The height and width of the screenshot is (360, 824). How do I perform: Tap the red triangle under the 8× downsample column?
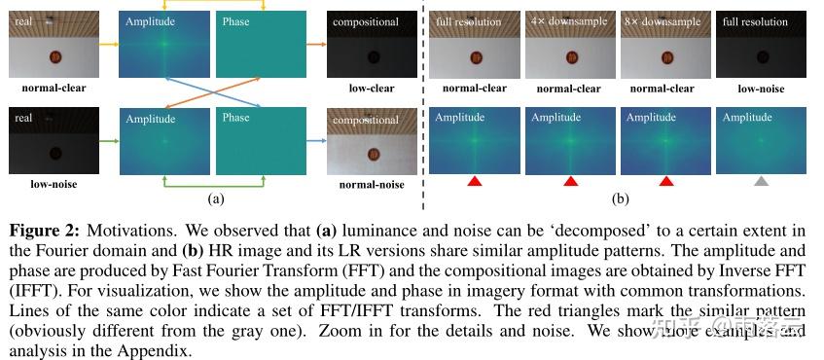666,181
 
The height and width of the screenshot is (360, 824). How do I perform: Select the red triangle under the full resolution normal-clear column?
474,181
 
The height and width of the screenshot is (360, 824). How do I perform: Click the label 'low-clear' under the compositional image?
372,89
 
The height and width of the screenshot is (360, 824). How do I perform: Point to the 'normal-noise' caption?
372,183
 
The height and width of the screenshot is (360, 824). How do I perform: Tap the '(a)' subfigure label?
216,199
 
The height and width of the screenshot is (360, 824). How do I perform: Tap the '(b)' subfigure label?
620,198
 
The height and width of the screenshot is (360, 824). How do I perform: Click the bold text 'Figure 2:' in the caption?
44,231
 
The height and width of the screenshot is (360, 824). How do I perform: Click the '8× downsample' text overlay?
664,20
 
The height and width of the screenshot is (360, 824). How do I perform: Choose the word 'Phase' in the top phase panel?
236,22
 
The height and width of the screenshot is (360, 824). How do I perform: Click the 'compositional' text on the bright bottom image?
367,121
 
